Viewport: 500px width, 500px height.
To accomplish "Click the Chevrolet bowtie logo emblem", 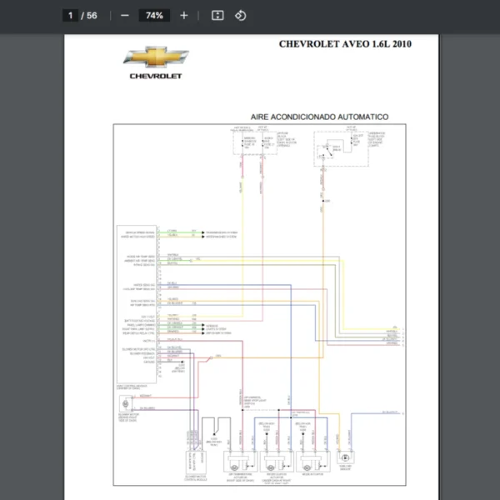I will [x=156, y=57].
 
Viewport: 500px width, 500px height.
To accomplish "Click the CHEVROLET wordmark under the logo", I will [x=156, y=75].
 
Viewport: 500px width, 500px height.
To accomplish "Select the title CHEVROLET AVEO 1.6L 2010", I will [x=344, y=44].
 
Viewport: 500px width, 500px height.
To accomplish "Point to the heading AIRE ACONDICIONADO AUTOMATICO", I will [x=319, y=117].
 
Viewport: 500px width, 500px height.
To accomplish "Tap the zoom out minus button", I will [x=124, y=15].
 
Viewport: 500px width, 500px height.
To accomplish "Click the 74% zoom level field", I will [x=154, y=15].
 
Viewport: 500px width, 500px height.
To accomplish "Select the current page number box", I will [x=71, y=15].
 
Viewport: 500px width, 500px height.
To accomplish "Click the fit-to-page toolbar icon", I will [x=217, y=15].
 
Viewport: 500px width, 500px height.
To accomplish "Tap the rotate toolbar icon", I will [x=240, y=15].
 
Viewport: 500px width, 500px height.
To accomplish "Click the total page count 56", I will [x=92, y=15].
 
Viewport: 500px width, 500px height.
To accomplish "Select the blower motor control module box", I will [x=196, y=454].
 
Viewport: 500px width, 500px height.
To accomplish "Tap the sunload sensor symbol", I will [x=344, y=457].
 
